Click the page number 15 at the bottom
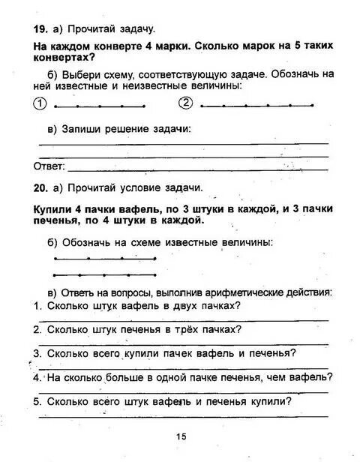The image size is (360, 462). pos(181,437)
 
